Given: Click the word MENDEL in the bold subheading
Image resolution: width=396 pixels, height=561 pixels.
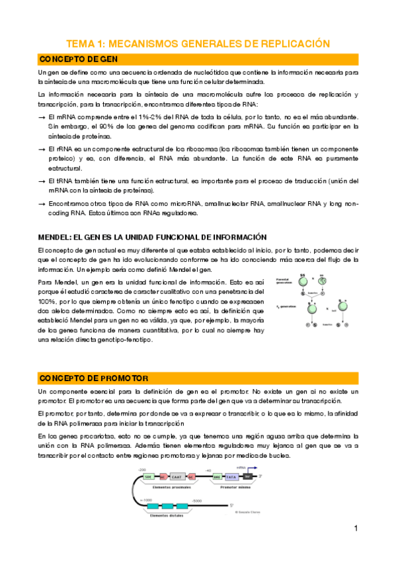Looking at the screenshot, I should click(58, 237).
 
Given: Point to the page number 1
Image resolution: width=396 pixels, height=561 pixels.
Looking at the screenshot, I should click(356, 528).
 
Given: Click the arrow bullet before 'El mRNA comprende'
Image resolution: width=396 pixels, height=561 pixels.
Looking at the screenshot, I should click(42, 116).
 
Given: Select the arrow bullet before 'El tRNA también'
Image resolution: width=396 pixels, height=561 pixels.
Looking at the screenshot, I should click(42, 181).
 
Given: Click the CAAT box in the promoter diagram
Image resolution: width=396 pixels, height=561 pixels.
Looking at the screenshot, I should click(177, 476).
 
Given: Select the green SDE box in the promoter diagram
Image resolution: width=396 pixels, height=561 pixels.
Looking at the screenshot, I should click(147, 476).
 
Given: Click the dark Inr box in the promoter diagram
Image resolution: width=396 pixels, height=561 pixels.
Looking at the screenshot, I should click(247, 476).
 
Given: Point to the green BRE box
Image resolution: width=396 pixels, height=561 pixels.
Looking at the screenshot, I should click(218, 476).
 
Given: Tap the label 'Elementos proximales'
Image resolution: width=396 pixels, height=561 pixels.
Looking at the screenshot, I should click(171, 486).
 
